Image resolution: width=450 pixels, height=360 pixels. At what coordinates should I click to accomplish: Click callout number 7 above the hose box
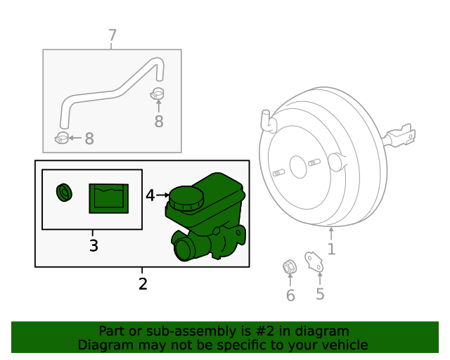click(112, 35)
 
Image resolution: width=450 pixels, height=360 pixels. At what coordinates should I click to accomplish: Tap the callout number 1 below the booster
click(331, 249)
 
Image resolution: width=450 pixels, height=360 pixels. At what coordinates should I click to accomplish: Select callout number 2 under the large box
click(143, 284)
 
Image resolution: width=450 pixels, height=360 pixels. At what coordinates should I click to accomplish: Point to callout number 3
click(93, 245)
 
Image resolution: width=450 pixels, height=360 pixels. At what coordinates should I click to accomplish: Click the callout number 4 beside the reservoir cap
click(150, 195)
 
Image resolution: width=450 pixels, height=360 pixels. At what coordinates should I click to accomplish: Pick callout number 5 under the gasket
click(320, 293)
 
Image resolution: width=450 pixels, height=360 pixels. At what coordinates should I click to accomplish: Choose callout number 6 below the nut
click(290, 295)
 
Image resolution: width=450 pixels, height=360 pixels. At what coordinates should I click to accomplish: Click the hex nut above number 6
click(288, 267)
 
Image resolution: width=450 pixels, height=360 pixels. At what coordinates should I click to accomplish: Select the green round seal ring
click(65, 191)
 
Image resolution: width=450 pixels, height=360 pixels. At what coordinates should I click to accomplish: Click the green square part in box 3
click(108, 198)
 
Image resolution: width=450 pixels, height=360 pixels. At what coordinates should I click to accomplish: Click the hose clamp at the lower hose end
click(62, 136)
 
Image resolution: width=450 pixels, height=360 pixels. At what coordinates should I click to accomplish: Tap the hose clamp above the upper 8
click(157, 93)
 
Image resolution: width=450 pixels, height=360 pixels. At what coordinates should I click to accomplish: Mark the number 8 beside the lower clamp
click(89, 139)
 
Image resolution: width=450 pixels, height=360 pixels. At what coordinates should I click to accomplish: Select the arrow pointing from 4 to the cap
click(162, 195)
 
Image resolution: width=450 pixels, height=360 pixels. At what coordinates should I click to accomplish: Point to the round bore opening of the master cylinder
click(184, 249)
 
